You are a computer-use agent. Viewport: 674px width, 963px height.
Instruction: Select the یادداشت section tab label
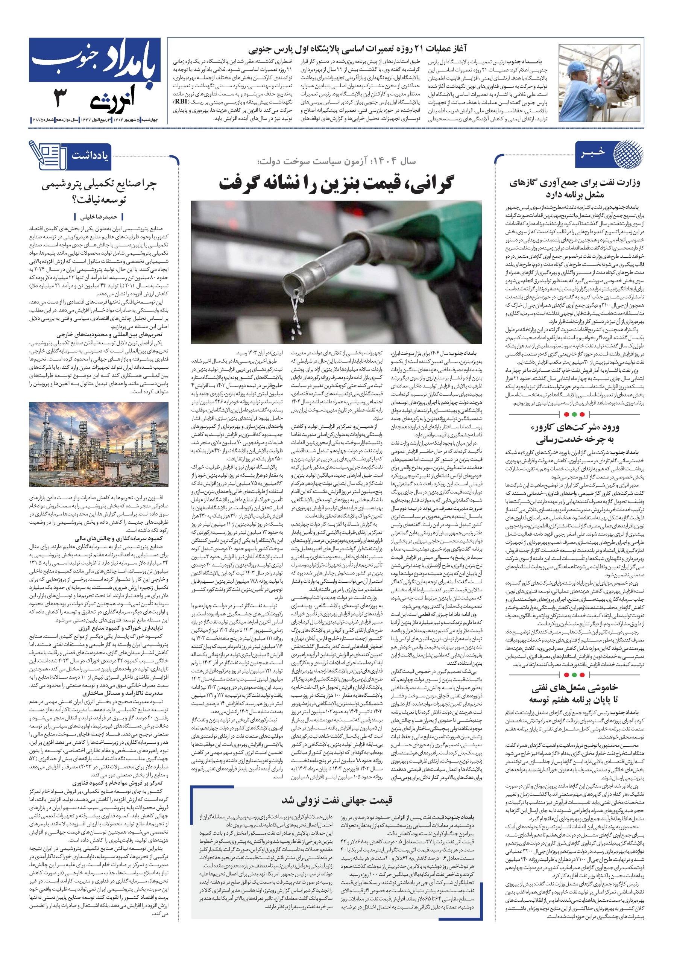pos(90,156)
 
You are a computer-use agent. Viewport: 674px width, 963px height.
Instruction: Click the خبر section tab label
pos(593,152)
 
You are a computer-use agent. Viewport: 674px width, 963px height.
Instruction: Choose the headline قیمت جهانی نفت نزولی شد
pos(336,800)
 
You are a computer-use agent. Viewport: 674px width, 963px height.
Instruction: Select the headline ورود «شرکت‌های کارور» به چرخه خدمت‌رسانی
pos(574,433)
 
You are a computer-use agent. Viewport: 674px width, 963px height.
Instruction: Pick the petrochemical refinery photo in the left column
pos(99,444)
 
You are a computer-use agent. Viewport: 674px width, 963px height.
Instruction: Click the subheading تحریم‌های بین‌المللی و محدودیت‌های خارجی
pos(109,334)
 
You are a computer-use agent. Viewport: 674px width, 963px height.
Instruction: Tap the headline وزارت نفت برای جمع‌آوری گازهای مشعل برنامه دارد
pos(574,188)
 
